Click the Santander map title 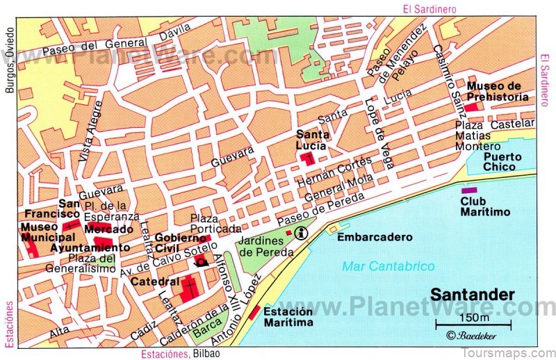tap(473, 295)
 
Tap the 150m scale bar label tap(473, 318)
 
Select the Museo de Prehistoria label tap(498, 92)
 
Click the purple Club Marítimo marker tap(469, 190)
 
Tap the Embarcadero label tap(375, 237)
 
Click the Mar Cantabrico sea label tap(389, 266)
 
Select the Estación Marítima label tap(288, 316)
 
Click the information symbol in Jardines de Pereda tap(301, 231)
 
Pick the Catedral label tap(155, 281)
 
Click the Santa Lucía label tap(313, 140)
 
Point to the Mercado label tap(108, 229)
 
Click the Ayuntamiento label tap(90, 247)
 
